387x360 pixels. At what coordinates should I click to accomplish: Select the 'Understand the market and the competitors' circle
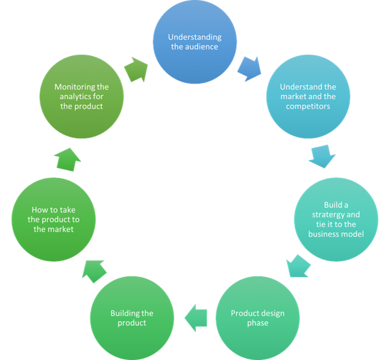coord(307,96)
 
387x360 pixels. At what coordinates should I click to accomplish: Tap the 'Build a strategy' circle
coord(336,219)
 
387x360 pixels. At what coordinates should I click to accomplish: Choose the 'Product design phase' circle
coord(257,318)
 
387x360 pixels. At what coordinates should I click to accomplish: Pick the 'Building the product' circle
coord(132,318)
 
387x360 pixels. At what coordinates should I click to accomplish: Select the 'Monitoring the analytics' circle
coord(81,96)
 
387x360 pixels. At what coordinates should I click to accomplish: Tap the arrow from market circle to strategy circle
coord(321,156)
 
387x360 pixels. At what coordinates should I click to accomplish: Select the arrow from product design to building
coord(195,316)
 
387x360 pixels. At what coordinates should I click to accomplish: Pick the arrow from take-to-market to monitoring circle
coord(68,157)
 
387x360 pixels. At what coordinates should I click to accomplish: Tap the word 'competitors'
coord(307,106)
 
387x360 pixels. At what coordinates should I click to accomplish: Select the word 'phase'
coord(257,323)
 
